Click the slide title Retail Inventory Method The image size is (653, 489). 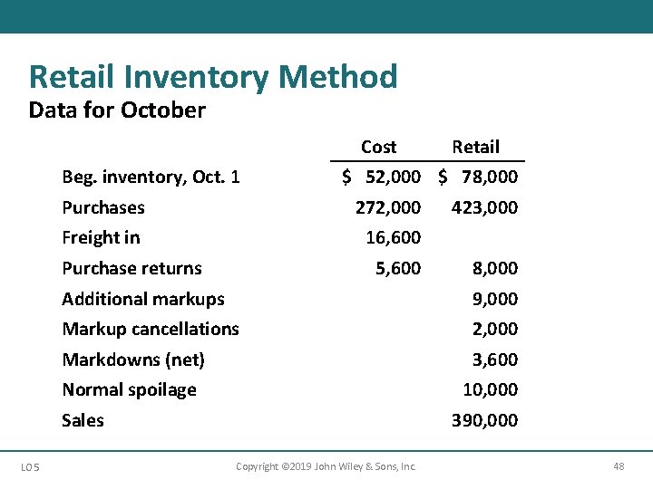[213, 77]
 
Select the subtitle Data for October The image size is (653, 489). [117, 110]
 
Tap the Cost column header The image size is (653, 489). [378, 147]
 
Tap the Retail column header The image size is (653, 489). [475, 147]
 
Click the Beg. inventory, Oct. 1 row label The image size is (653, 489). [151, 177]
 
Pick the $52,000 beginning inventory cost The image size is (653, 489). [382, 177]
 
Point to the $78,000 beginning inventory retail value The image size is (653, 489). [479, 177]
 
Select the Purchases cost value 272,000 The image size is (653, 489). [388, 207]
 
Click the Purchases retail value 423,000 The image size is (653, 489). [485, 207]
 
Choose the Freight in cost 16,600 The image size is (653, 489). [393, 237]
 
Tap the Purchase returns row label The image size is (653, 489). [132, 268]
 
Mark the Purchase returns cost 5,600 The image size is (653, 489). [398, 268]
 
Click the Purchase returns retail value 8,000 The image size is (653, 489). [495, 268]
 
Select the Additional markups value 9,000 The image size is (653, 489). [495, 299]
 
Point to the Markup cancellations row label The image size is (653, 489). [151, 329]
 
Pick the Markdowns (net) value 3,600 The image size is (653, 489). [495, 360]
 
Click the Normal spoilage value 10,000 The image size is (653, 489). [490, 389]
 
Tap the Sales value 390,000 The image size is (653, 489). [485, 420]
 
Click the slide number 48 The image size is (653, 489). [619, 466]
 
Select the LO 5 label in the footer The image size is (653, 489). [29, 466]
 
